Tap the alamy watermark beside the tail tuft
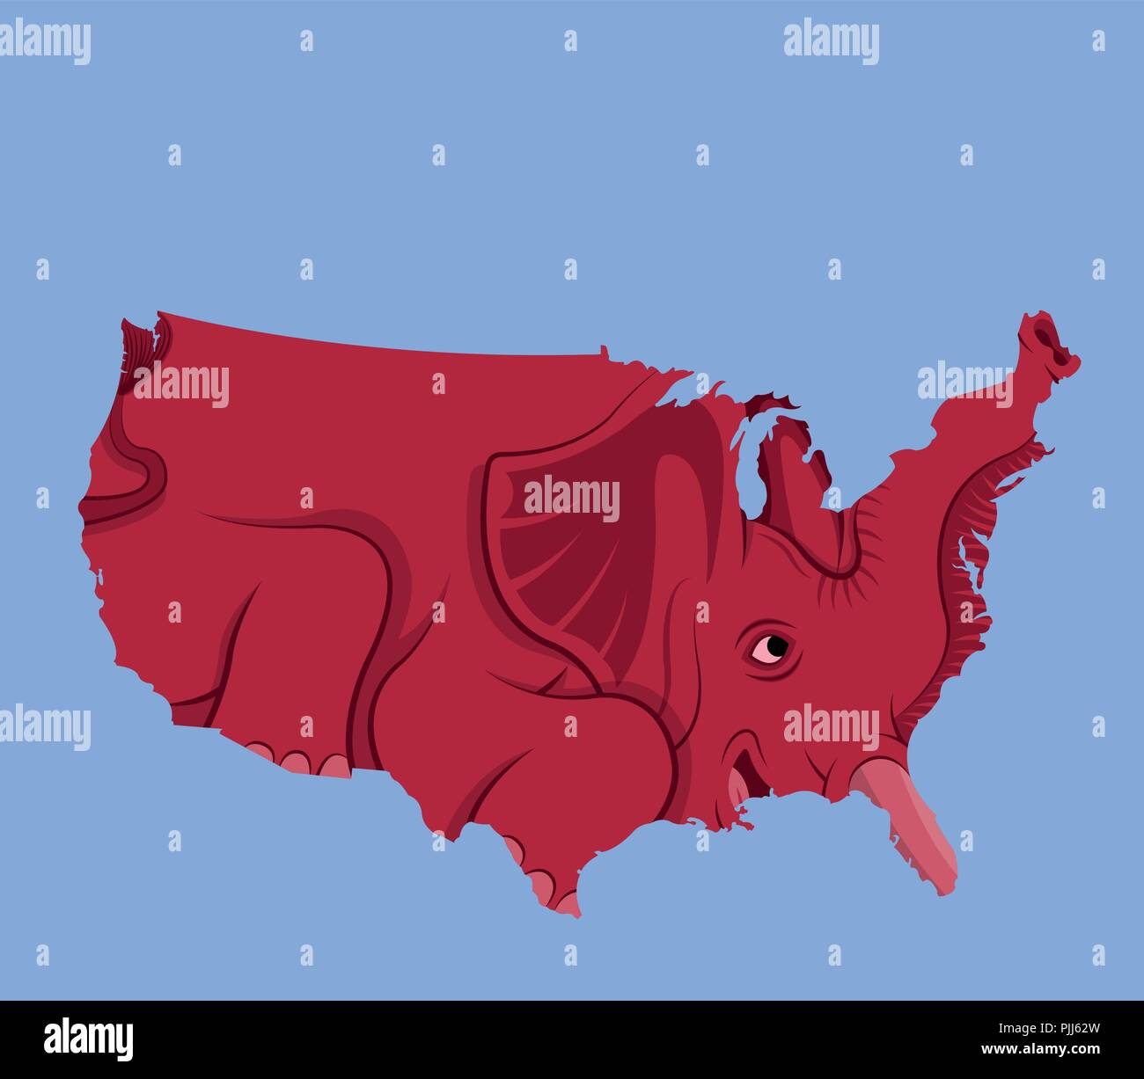(181, 385)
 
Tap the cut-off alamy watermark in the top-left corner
(44, 41)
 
